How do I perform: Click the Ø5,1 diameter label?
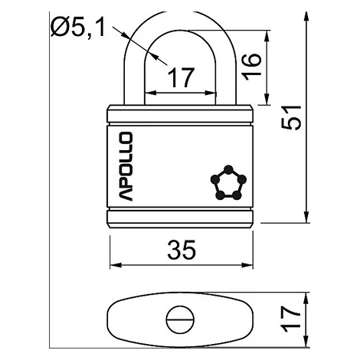click(78, 28)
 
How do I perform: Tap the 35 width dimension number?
click(182, 250)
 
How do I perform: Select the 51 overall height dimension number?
click(291, 117)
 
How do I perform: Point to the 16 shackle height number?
click(252, 67)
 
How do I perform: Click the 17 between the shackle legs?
click(181, 77)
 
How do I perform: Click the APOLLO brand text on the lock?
click(126, 166)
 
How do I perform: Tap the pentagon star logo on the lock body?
click(228, 182)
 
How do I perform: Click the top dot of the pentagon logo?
click(228, 169)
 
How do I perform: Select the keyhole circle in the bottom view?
click(180, 319)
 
